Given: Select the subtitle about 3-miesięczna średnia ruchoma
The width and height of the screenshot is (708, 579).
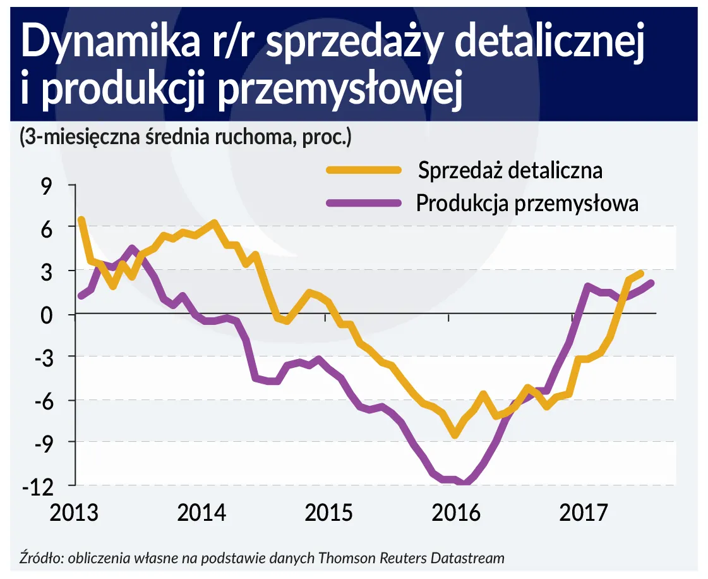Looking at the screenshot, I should pyautogui.click(x=185, y=137).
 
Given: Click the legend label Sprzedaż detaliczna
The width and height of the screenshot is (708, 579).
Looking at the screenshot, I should pyautogui.click(x=509, y=170).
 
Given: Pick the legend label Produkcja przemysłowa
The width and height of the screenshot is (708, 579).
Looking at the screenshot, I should pyautogui.click(x=527, y=204).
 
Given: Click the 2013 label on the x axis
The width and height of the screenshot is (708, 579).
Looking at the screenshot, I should pyautogui.click(x=75, y=512).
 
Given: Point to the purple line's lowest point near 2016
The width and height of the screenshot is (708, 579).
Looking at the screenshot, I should pyautogui.click(x=465, y=484).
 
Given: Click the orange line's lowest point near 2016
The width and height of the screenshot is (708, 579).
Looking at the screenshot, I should pyautogui.click(x=455, y=434).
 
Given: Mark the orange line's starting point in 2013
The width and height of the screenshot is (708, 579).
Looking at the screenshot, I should pyautogui.click(x=81, y=220).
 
